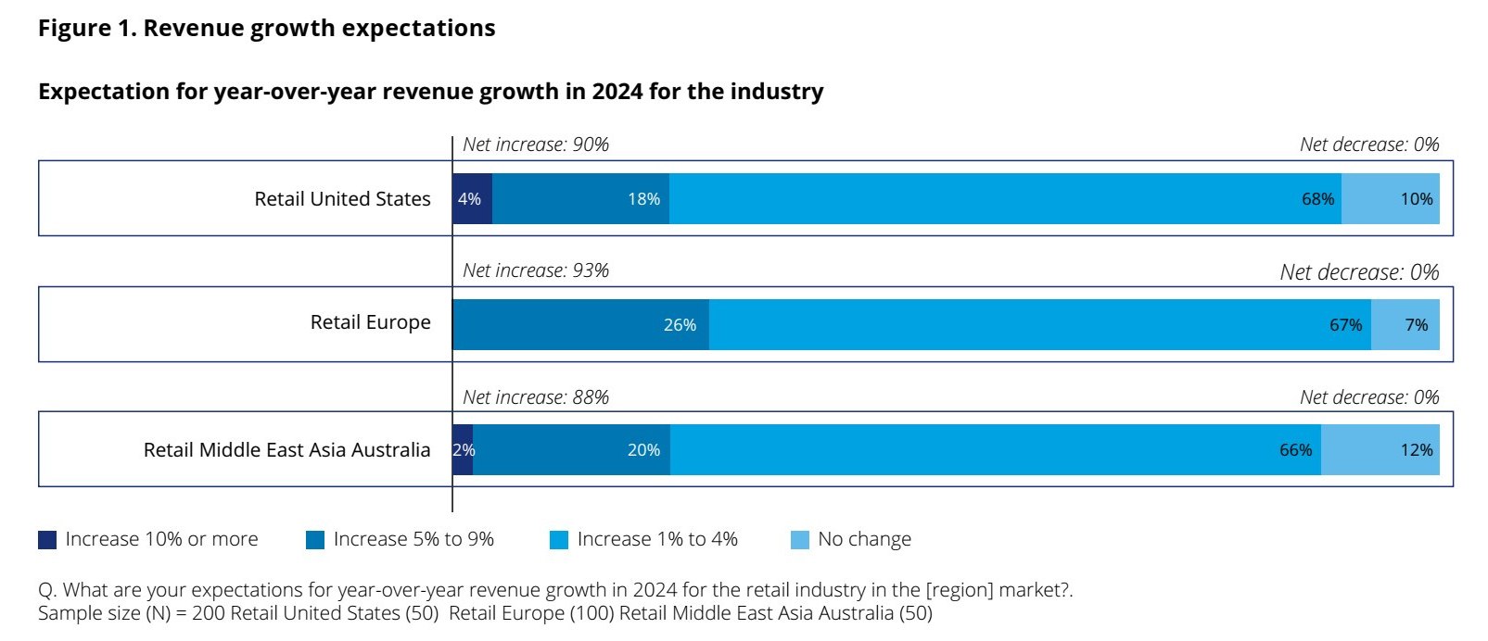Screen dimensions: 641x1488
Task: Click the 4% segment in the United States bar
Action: coord(472,198)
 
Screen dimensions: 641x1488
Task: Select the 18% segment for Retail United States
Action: coord(580,198)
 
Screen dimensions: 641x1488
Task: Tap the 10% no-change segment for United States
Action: coord(1390,198)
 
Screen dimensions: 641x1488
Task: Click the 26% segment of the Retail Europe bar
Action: coord(580,324)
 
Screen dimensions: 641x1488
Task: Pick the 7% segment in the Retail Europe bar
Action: coord(1405,324)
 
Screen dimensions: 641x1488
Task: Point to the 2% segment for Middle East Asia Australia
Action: coord(463,450)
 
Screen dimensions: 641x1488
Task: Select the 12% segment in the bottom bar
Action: coord(1380,450)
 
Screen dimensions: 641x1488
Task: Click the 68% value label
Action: coord(1317,199)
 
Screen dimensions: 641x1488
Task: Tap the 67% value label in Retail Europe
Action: coord(1345,325)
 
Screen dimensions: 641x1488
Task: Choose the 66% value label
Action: coord(1295,450)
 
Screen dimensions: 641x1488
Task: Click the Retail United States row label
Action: coord(342,199)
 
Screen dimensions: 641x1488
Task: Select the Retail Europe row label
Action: coord(370,322)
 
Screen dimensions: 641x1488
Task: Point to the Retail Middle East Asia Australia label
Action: coord(286,450)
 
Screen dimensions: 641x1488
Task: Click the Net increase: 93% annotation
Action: coord(536,270)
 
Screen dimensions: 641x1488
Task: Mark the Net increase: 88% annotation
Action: coord(536,397)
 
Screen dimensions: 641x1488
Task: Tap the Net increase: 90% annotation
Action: coord(536,145)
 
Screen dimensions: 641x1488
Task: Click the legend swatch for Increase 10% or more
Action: coord(47,540)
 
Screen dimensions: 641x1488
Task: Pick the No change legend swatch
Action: coord(799,540)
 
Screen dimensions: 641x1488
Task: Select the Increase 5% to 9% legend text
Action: coord(413,539)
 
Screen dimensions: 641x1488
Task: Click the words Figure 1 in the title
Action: coord(87,29)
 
